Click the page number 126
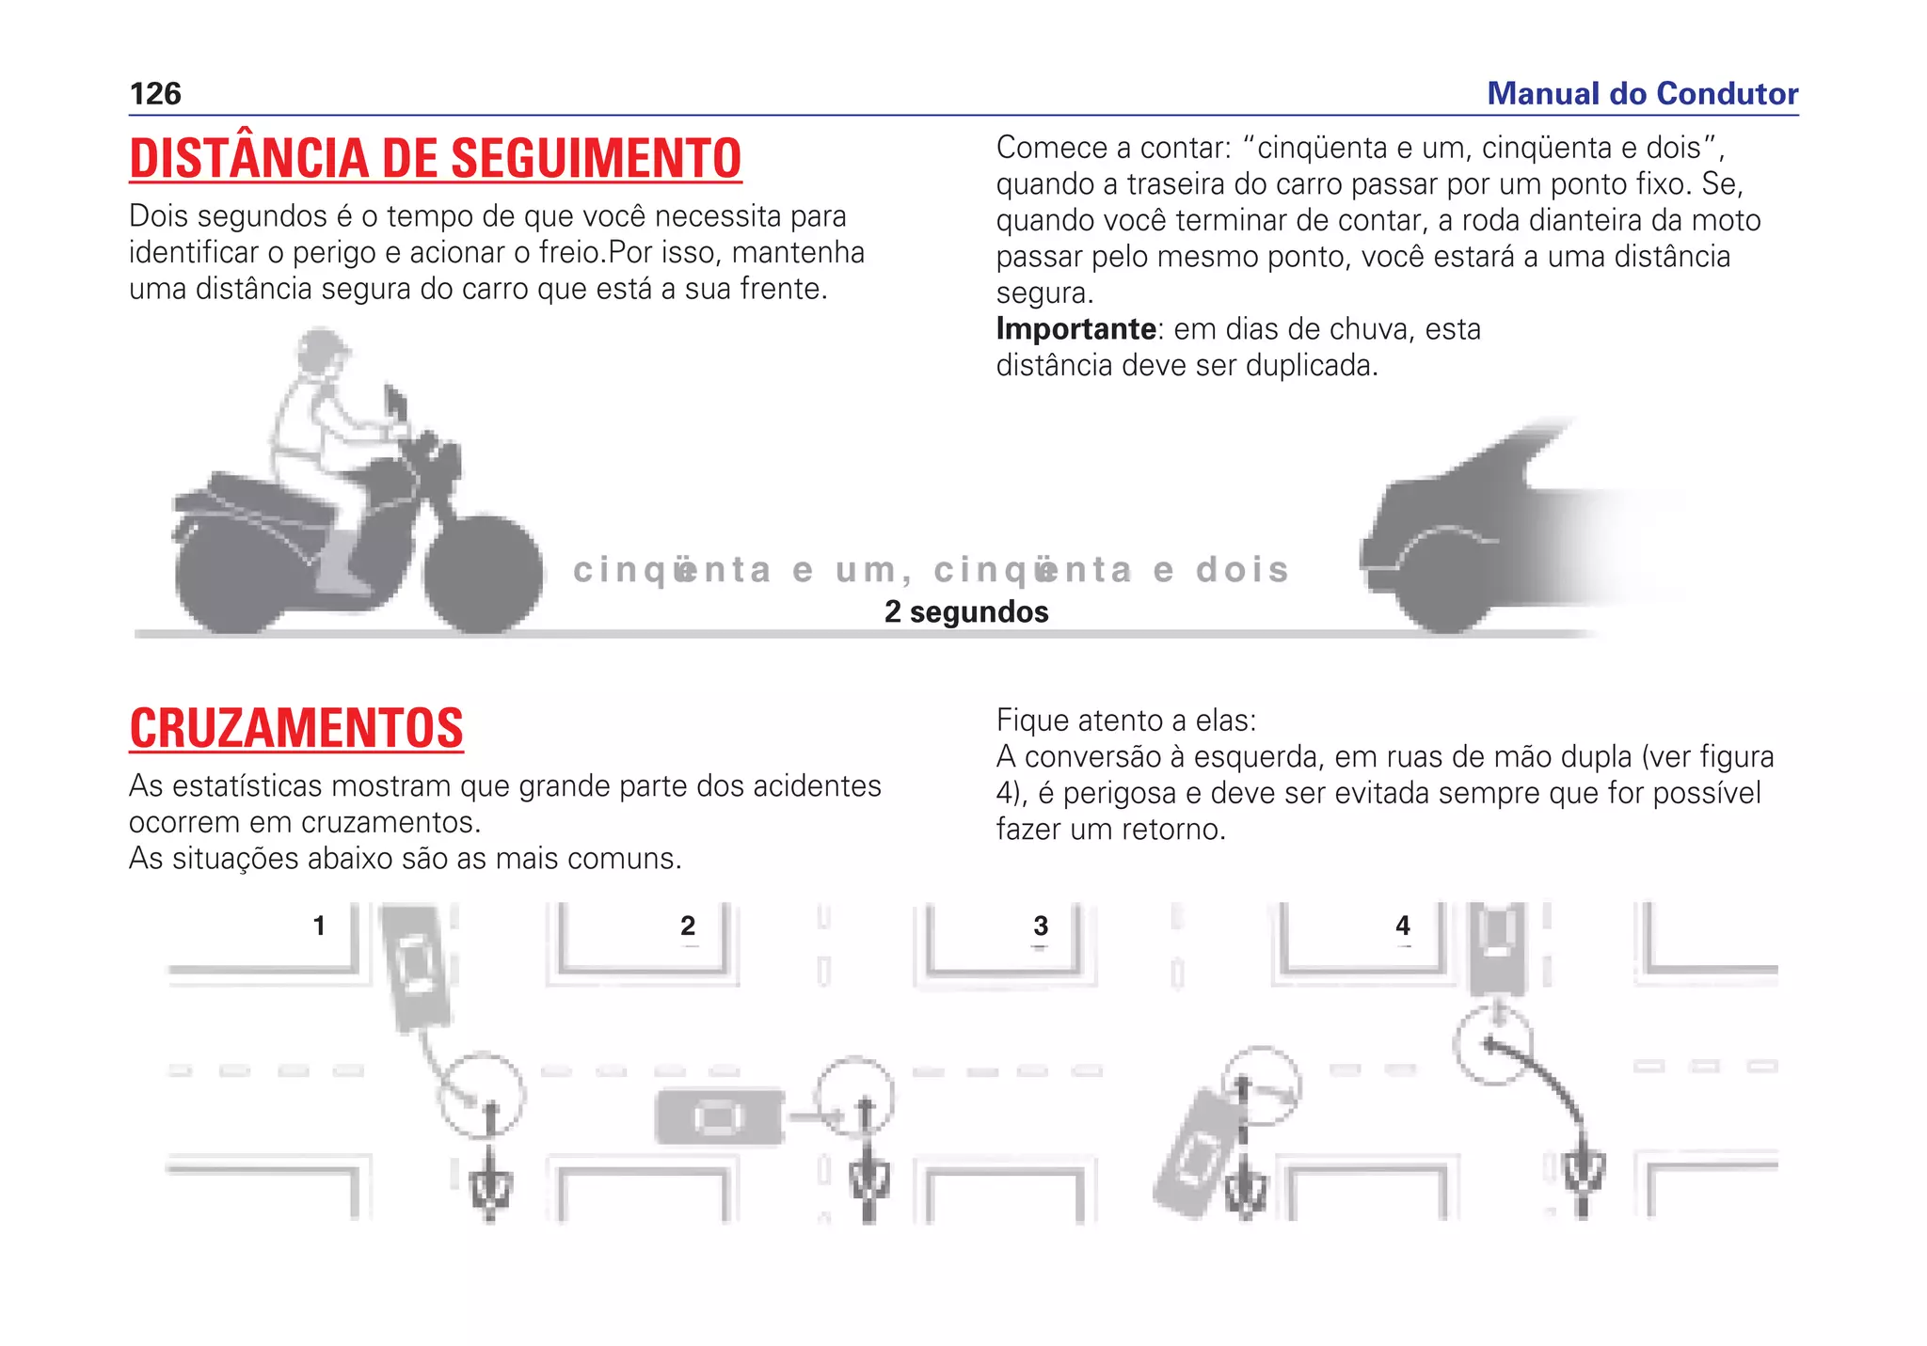(155, 94)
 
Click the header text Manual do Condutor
(1642, 94)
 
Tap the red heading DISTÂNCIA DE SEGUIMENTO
(436, 158)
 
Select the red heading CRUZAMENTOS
(296, 729)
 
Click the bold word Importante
(1075, 329)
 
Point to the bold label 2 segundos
(966, 612)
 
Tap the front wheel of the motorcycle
(483, 574)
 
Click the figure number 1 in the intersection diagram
(319, 926)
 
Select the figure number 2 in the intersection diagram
(688, 926)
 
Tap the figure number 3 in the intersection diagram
(1041, 926)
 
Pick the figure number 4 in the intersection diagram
(1403, 926)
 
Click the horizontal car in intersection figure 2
(719, 1117)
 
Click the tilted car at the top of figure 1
(416, 967)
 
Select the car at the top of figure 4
(1498, 948)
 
